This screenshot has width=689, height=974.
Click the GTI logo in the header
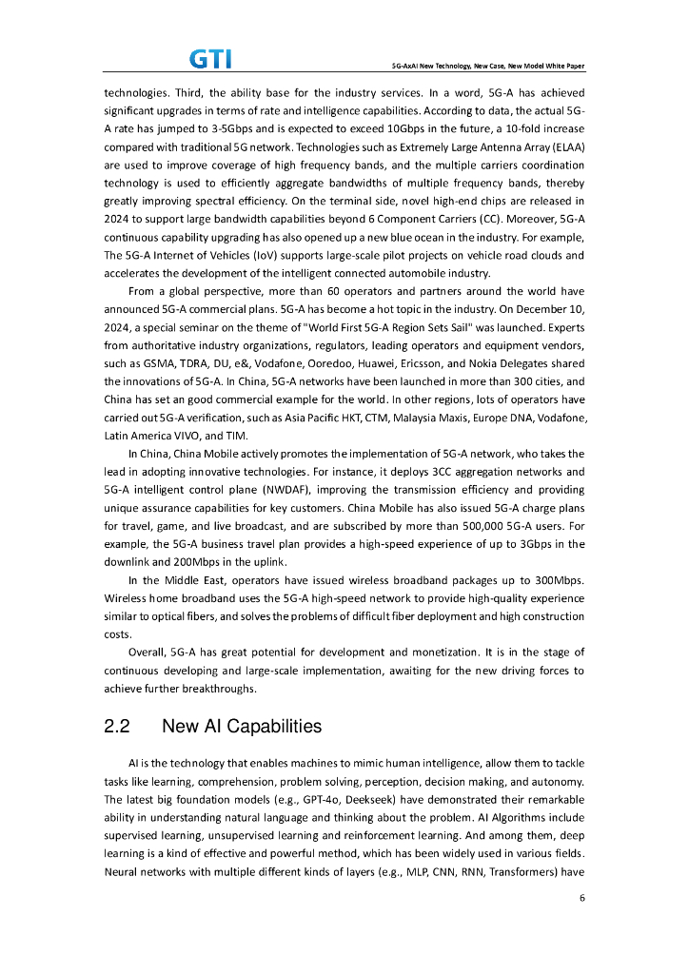(x=211, y=59)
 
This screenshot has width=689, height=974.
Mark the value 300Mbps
(x=557, y=580)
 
